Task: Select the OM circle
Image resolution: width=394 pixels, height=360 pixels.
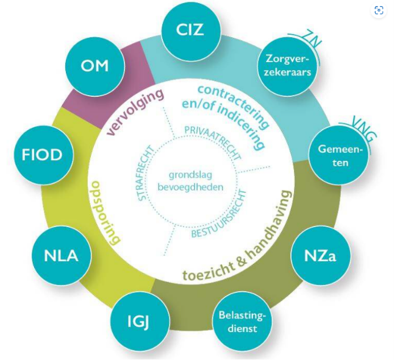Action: coord(95,65)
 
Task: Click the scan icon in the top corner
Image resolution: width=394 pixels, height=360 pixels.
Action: coord(379,10)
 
